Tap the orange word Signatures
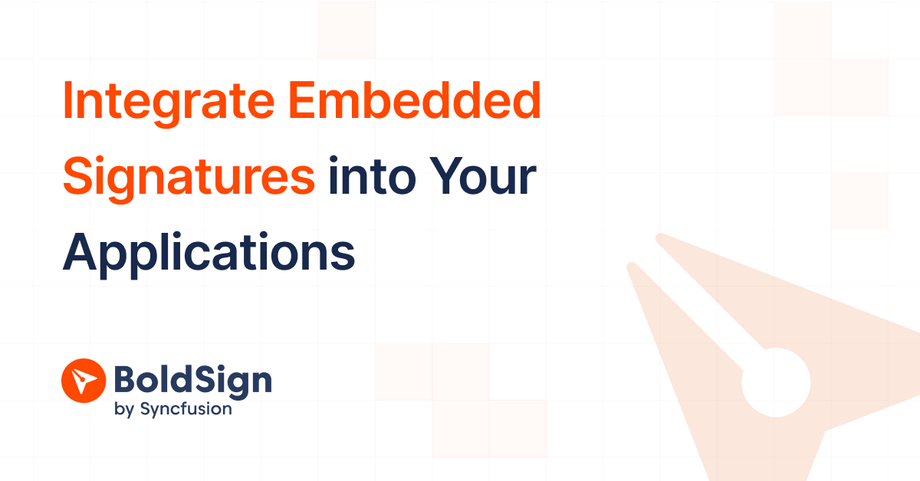pyautogui.click(x=189, y=178)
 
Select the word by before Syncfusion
pyautogui.click(x=123, y=410)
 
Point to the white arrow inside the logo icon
pyautogui.click(x=83, y=380)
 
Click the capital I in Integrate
pyautogui.click(x=68, y=102)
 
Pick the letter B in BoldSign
pyautogui.click(x=125, y=380)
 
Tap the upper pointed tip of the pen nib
pyautogui.click(x=659, y=237)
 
